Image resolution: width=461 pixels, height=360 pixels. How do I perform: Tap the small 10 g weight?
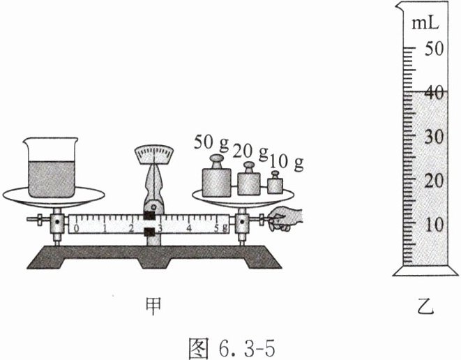pos(275,185)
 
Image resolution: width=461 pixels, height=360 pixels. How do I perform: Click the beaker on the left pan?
pos(50,169)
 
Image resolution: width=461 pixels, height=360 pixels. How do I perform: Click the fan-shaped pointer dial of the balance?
pos(155,153)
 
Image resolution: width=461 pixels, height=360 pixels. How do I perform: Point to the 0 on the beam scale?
pos(76,227)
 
